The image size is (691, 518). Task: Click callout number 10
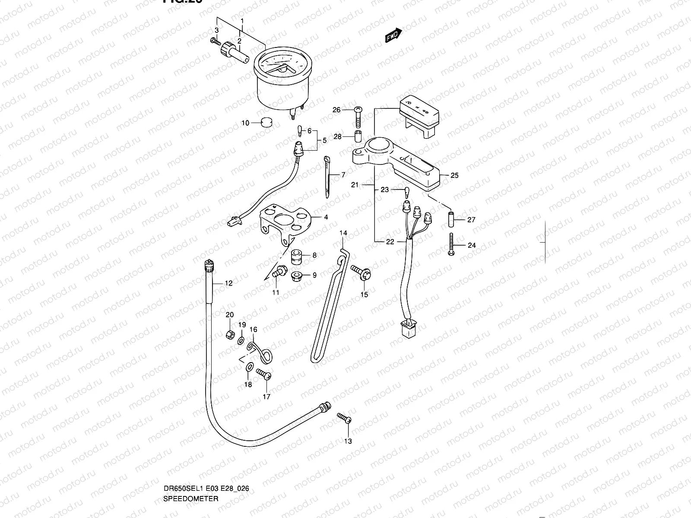click(x=245, y=123)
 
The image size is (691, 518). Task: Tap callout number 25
click(x=454, y=175)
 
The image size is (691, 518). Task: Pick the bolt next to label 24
click(x=451, y=245)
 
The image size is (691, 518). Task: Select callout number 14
click(x=343, y=233)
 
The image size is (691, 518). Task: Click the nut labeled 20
click(x=231, y=334)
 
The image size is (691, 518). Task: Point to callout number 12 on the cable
click(x=228, y=283)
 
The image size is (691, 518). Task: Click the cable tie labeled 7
click(x=327, y=177)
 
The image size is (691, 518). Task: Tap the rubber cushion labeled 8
click(x=296, y=256)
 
